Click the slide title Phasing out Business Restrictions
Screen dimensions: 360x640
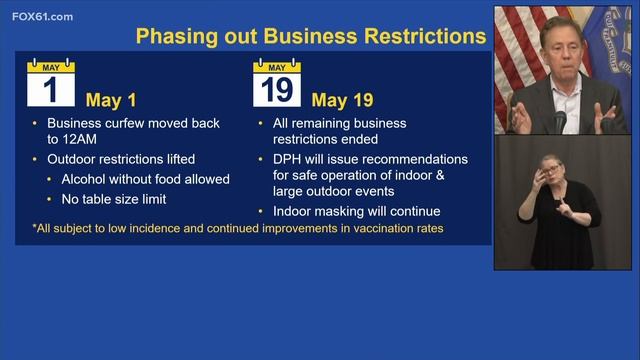point(311,38)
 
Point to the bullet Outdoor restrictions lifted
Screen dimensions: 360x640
point(121,159)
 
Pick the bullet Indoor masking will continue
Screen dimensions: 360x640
point(356,211)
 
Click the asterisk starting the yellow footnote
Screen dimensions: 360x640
point(35,229)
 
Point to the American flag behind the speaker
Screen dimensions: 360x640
point(516,50)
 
